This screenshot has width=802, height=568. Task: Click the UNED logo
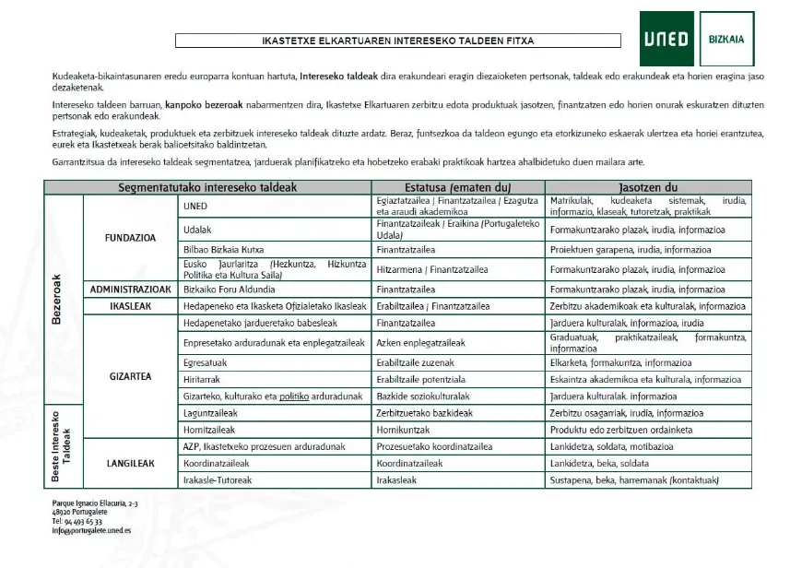point(666,39)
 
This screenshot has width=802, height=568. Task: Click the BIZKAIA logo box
point(726,39)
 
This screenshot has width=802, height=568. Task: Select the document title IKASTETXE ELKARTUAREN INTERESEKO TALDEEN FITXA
point(397,41)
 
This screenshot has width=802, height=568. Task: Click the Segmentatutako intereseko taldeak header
point(206,187)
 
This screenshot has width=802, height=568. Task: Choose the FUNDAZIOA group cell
point(130,237)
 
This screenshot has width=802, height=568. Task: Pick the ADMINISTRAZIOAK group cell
point(130,289)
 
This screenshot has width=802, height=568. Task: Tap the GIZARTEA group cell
point(130,377)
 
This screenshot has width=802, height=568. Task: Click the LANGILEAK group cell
point(130,464)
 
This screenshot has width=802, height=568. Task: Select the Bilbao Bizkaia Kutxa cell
point(224,250)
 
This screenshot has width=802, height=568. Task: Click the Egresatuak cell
point(206,363)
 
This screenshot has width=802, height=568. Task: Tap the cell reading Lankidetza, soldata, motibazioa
point(611,447)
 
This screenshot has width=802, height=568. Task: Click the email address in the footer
point(92,530)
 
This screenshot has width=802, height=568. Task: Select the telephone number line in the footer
point(77,521)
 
